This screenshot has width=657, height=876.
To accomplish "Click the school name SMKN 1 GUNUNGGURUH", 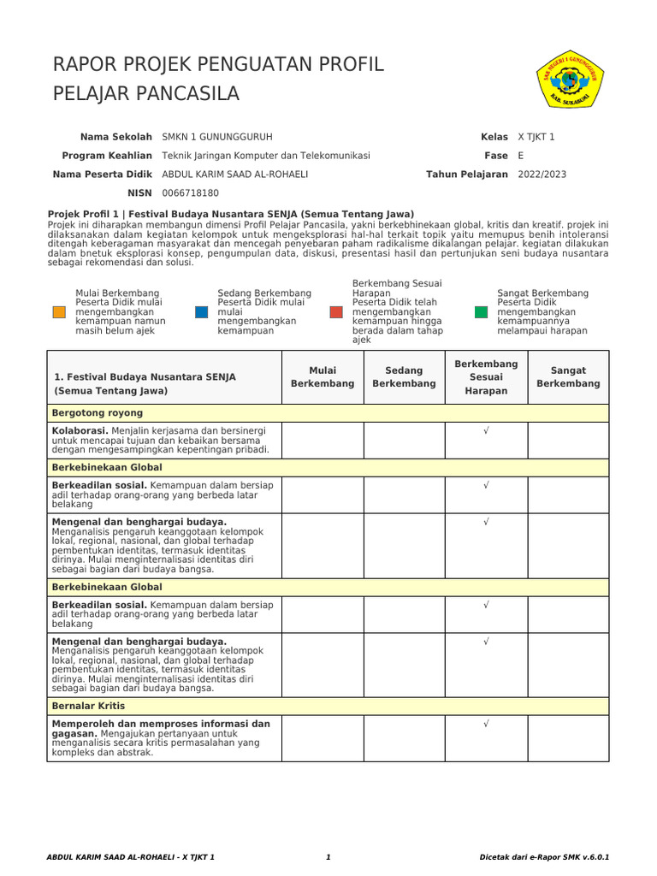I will [x=217, y=137].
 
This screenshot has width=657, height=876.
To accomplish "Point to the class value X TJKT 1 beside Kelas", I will [x=536, y=137].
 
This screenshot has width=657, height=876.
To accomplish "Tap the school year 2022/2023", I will [x=542, y=175].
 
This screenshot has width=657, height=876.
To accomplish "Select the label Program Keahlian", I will [x=107, y=156].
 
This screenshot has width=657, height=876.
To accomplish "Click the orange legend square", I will [x=59, y=312].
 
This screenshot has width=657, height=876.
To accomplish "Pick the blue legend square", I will [x=202, y=312].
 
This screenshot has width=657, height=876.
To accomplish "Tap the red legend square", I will [x=336, y=312].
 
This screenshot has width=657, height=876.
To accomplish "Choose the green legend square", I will [x=481, y=312].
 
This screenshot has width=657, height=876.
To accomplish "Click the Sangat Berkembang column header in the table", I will [x=568, y=377].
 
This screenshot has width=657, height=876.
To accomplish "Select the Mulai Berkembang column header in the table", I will [x=323, y=377].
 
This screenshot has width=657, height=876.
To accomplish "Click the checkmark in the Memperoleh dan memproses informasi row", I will [x=486, y=724].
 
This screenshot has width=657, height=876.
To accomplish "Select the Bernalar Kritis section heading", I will [x=88, y=706].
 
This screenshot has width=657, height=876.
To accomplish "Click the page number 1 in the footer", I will [x=328, y=856].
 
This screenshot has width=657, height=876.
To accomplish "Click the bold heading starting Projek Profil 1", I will [x=231, y=214].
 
